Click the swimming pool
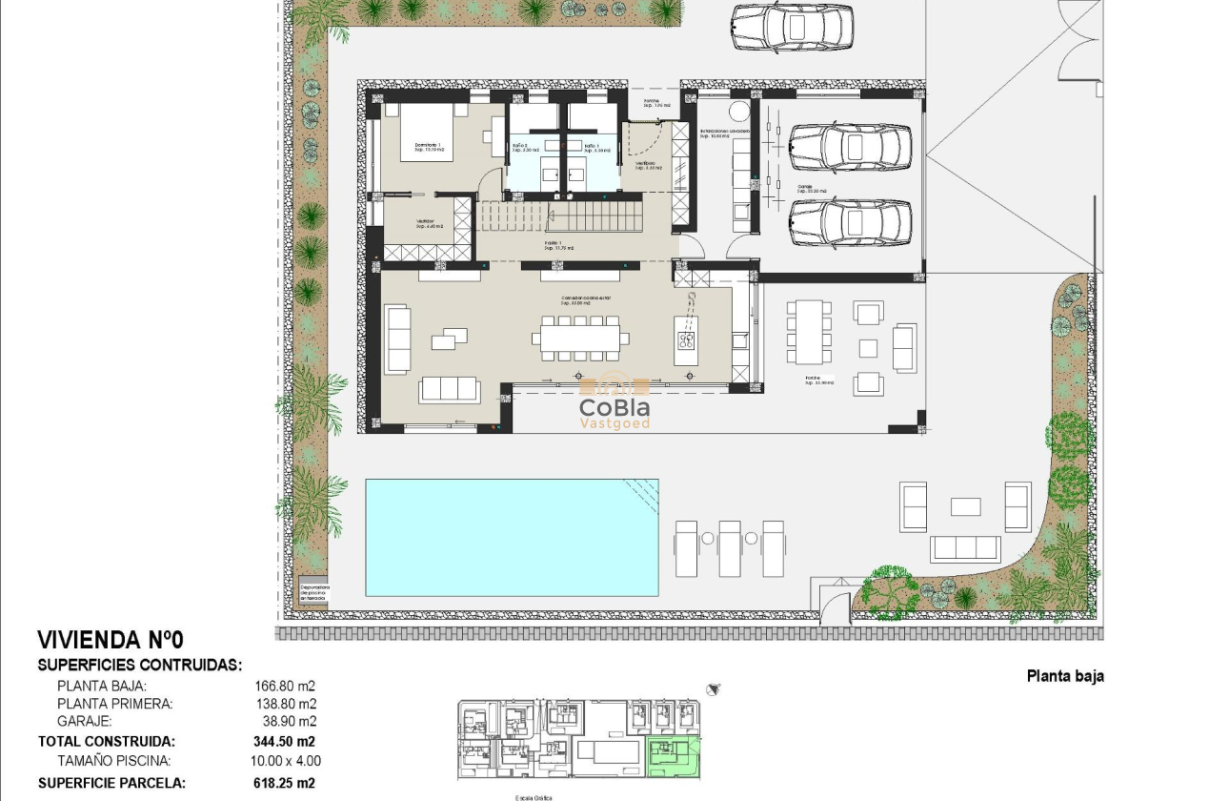coord(512,537)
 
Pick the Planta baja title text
coord(1065,676)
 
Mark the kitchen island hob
coord(686,339)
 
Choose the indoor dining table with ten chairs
coord(580,338)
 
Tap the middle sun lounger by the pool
coord(730,547)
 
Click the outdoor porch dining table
coord(808,331)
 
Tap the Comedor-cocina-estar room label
coord(585,298)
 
